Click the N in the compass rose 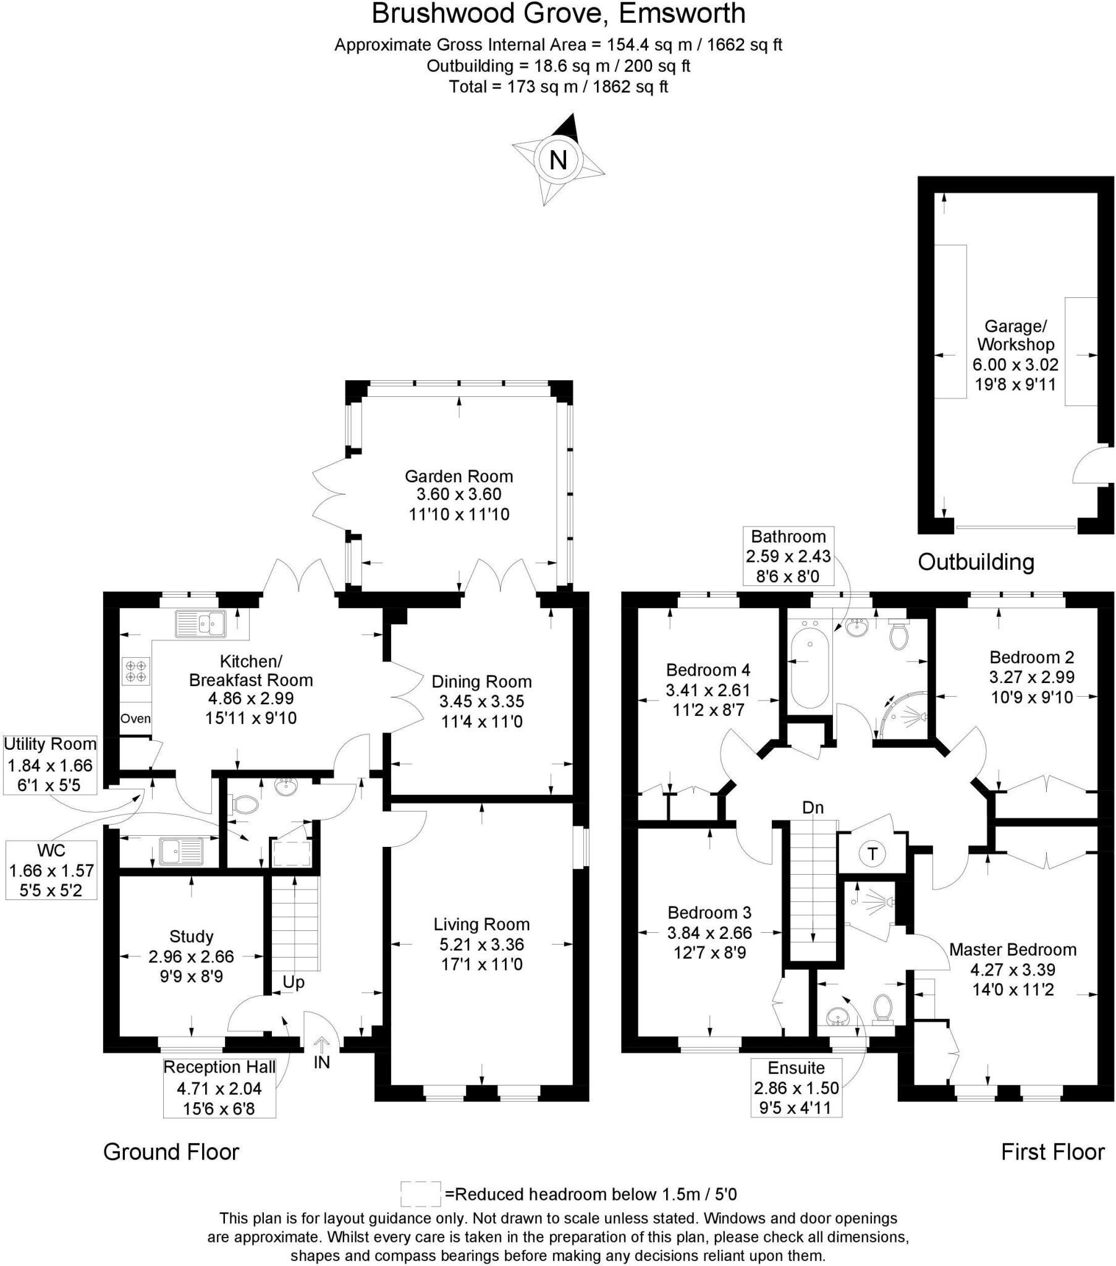pyautogui.click(x=558, y=161)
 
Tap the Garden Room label pyautogui.click(x=459, y=477)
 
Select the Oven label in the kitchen pyautogui.click(x=135, y=718)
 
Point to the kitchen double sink pyautogui.click(x=201, y=624)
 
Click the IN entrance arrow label pyautogui.click(x=322, y=1062)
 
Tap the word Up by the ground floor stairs pyautogui.click(x=294, y=982)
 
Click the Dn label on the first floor pyautogui.click(x=813, y=808)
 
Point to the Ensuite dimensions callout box pyautogui.click(x=796, y=1087)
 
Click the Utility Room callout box pyautogui.click(x=51, y=765)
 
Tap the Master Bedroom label pyautogui.click(x=1013, y=949)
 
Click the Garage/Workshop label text pyautogui.click(x=1016, y=335)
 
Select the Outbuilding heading pyautogui.click(x=975, y=562)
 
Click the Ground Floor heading pyautogui.click(x=171, y=1152)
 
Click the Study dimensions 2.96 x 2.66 pyautogui.click(x=191, y=956)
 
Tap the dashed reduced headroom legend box pyautogui.click(x=421, y=1194)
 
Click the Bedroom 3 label pyautogui.click(x=709, y=912)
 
